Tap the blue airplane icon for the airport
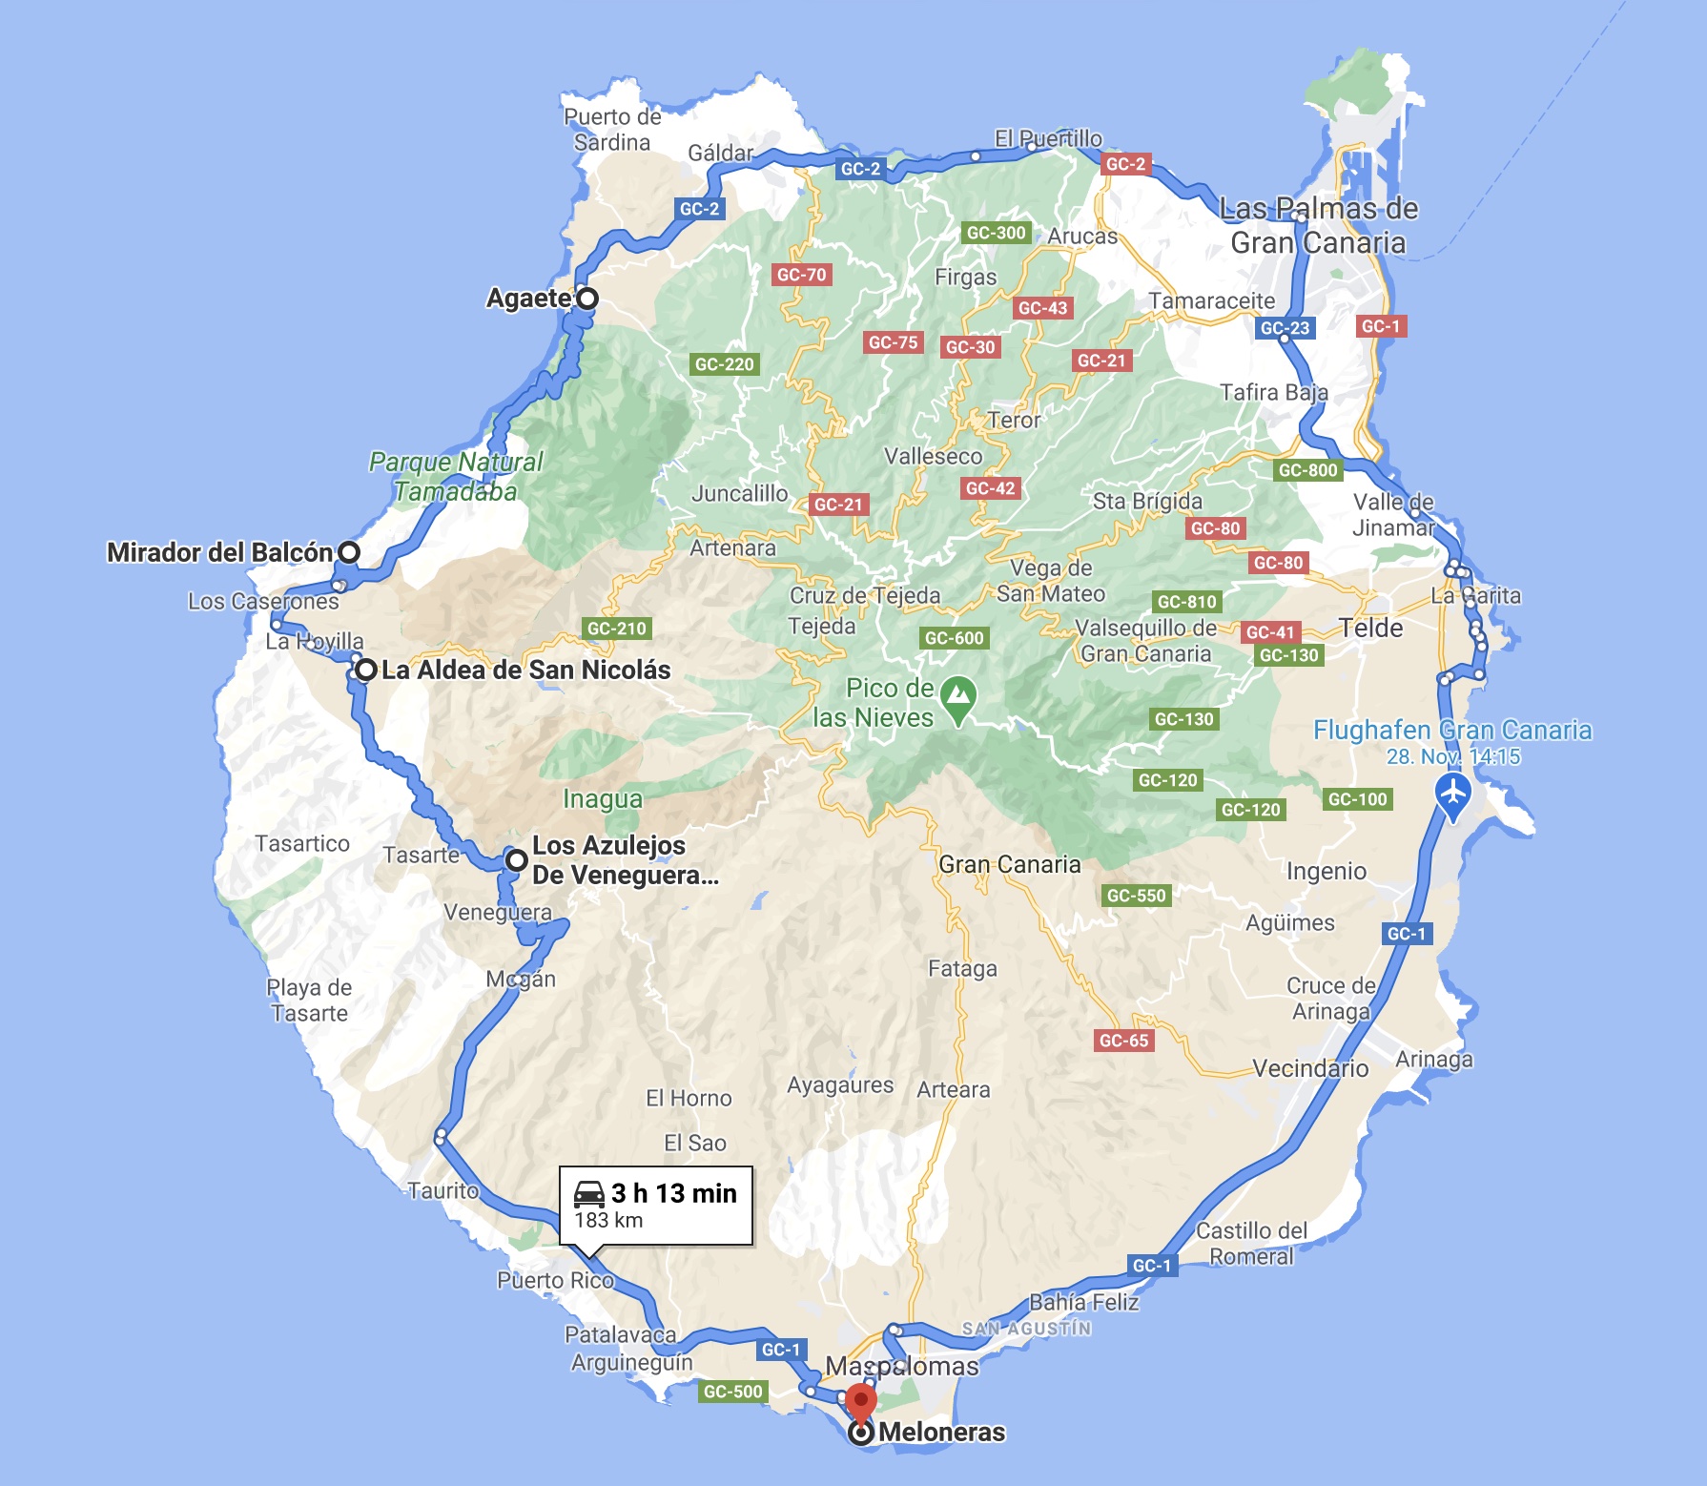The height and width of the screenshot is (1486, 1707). click(1452, 793)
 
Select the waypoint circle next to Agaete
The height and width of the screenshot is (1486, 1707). click(587, 299)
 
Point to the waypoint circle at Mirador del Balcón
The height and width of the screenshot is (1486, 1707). click(350, 551)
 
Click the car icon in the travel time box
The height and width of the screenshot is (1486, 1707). click(589, 1193)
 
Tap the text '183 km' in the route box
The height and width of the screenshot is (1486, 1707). click(608, 1220)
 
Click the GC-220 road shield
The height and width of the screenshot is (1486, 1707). click(724, 364)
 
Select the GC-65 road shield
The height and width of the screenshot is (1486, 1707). click(1124, 1041)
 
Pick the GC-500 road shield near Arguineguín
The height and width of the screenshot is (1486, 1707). click(732, 1392)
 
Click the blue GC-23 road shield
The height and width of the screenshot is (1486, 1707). click(1285, 328)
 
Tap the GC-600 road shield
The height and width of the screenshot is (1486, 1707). click(954, 638)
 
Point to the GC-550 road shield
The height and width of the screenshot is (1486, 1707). click(1136, 896)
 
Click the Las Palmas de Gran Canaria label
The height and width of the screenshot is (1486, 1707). click(1318, 226)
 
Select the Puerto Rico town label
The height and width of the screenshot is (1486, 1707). click(555, 1280)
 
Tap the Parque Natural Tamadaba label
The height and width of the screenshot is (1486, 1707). click(456, 477)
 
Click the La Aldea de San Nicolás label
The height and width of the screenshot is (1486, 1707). click(525, 671)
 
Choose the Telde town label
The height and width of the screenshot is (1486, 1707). click(1370, 628)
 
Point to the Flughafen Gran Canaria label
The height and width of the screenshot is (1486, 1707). click(1451, 731)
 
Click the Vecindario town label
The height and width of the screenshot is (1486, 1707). click(1310, 1068)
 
